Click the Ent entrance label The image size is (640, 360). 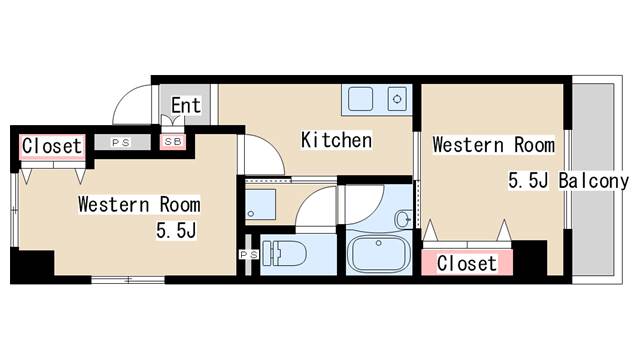[186, 105]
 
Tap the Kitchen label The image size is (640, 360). [336, 140]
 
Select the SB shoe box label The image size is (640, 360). [173, 142]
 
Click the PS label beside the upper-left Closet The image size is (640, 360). [121, 142]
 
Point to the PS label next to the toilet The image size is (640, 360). [249, 255]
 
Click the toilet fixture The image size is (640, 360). [284, 253]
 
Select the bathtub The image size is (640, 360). [379, 254]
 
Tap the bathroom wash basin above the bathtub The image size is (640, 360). [403, 219]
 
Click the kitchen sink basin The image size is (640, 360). [360, 99]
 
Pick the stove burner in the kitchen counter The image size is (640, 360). [397, 99]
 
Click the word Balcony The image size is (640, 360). [594, 181]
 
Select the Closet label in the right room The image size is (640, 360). [467, 263]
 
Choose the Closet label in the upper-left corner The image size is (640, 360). [52, 146]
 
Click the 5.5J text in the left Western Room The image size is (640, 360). [176, 231]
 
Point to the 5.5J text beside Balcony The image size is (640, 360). [528, 180]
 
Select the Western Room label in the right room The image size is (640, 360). [493, 145]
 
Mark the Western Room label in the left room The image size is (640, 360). [139, 204]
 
